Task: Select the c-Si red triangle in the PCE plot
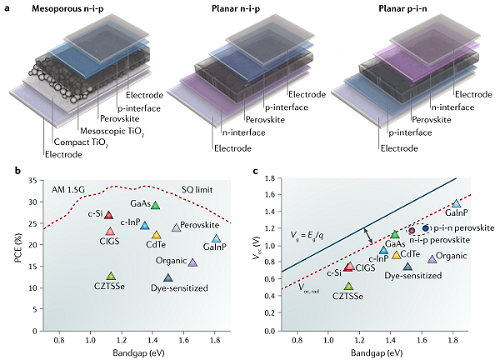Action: pos(108,216)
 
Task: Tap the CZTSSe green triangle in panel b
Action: pos(111,276)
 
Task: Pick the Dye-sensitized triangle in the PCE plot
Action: pos(168,277)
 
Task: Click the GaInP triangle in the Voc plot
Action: pos(456,203)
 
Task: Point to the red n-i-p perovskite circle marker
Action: pos(411,228)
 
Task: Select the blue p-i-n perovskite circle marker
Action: pos(426,227)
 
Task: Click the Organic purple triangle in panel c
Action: pos(432,258)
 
